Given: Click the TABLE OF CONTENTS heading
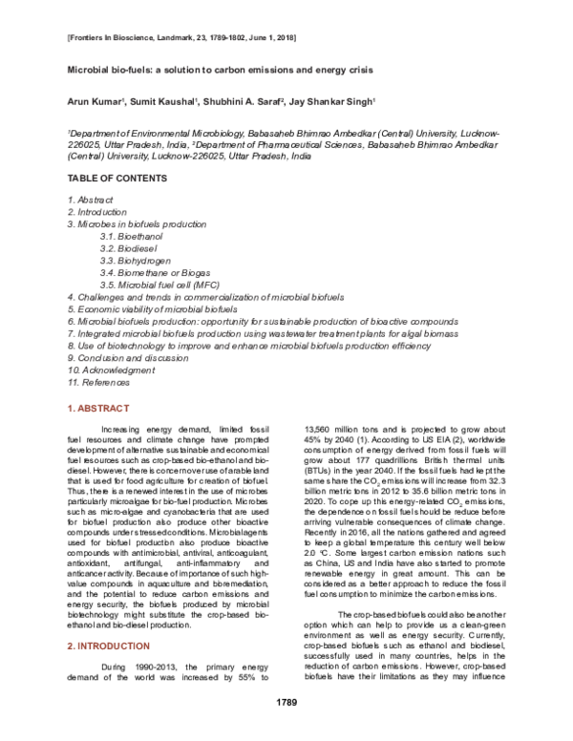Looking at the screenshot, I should tap(117, 179).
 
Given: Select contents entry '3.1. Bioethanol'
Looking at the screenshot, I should tap(134, 235).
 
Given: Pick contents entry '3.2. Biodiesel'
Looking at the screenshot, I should tap(132, 247).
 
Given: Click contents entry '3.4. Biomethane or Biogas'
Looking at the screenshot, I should tap(156, 272).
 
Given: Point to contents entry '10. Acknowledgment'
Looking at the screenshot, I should tap(111, 369).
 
